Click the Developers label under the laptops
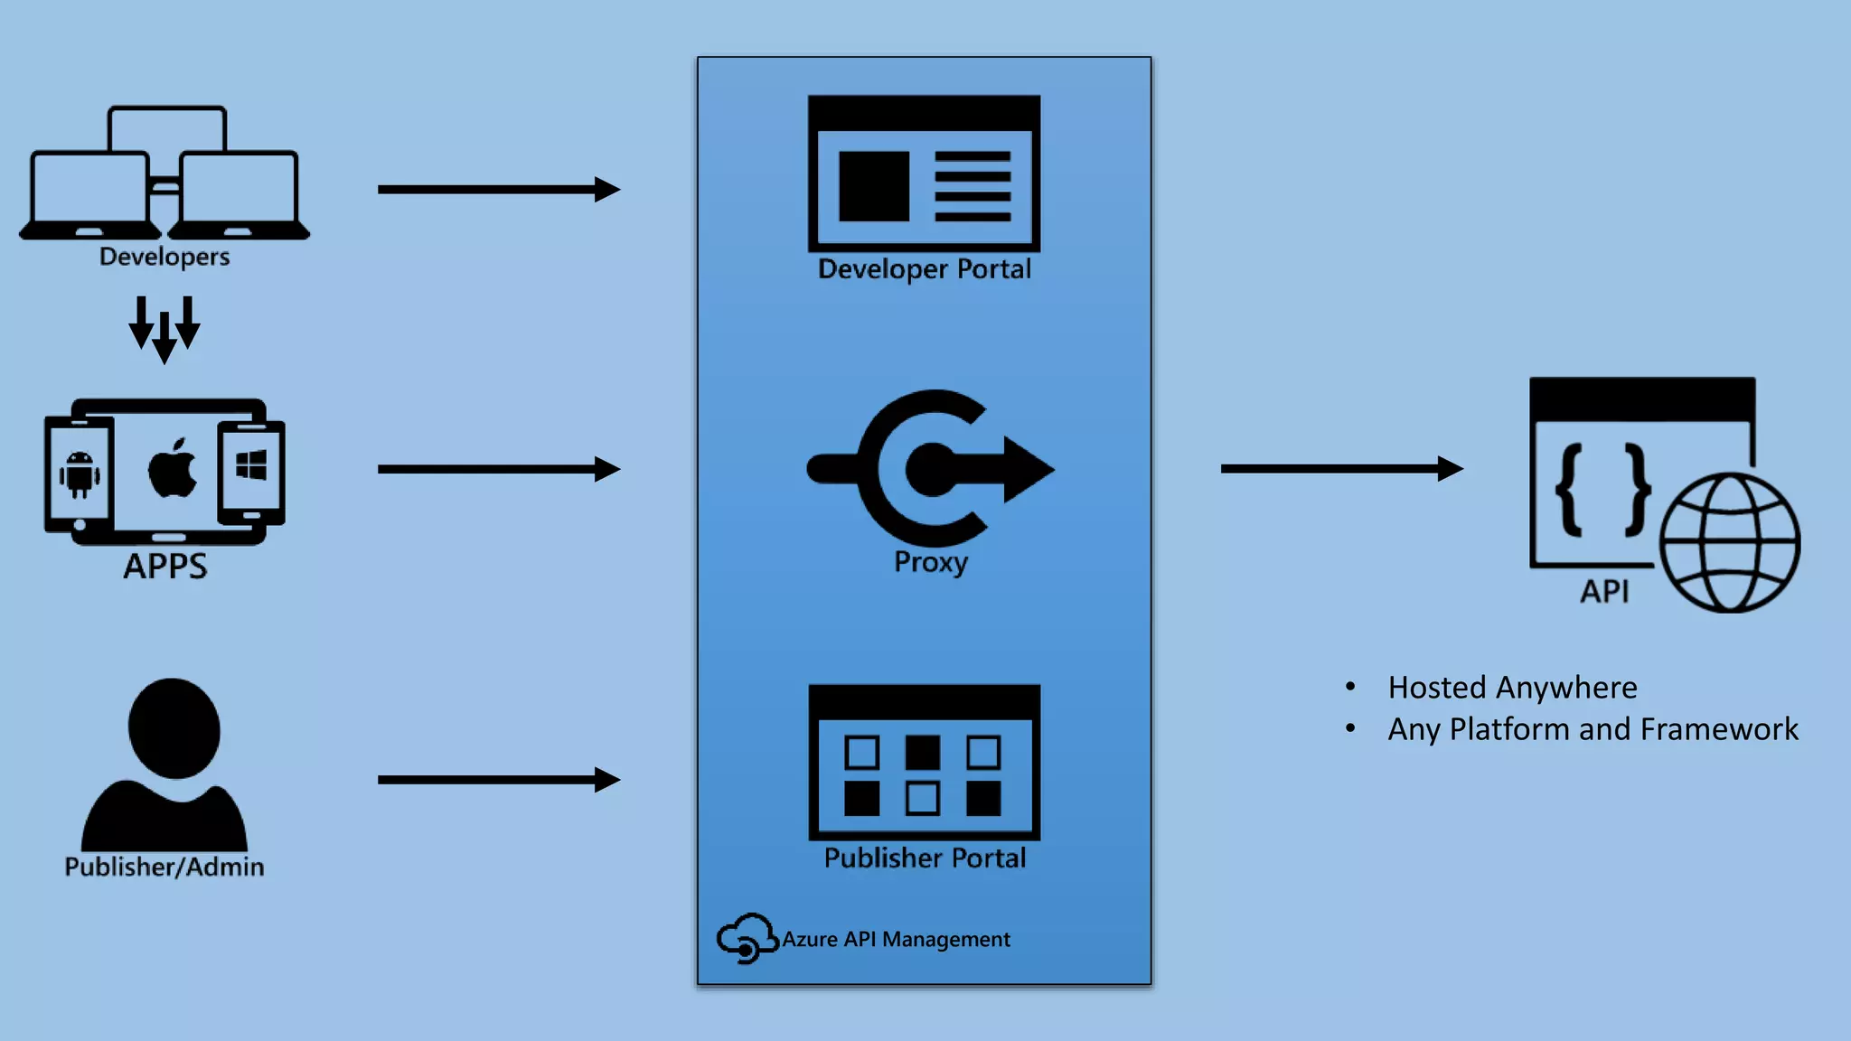click(164, 257)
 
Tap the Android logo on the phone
click(80, 474)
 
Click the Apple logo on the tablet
click(172, 468)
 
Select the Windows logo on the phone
click(251, 466)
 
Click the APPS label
click(165, 567)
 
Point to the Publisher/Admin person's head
click(174, 728)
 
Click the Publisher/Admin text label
click(164, 867)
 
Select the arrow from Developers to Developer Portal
click(498, 190)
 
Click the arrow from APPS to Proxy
click(498, 469)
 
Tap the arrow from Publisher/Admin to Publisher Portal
click(498, 780)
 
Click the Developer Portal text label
click(924, 269)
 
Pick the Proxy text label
click(931, 562)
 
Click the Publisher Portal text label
click(925, 858)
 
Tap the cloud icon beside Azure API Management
click(747, 938)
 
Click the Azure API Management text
click(896, 940)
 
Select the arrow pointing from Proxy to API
click(1341, 468)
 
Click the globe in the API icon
click(1730, 543)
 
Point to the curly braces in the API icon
click(1602, 490)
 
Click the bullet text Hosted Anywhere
click(1512, 688)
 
